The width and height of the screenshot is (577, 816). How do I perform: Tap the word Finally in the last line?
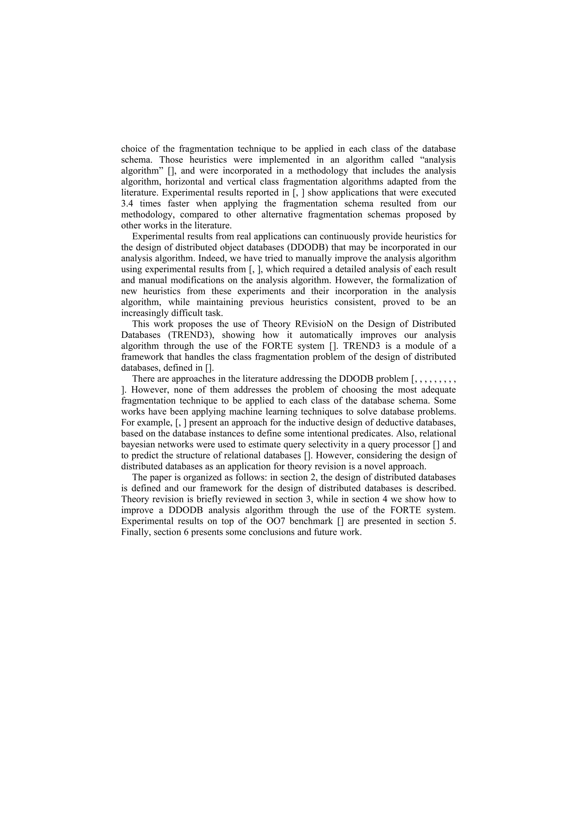pos(132,532)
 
